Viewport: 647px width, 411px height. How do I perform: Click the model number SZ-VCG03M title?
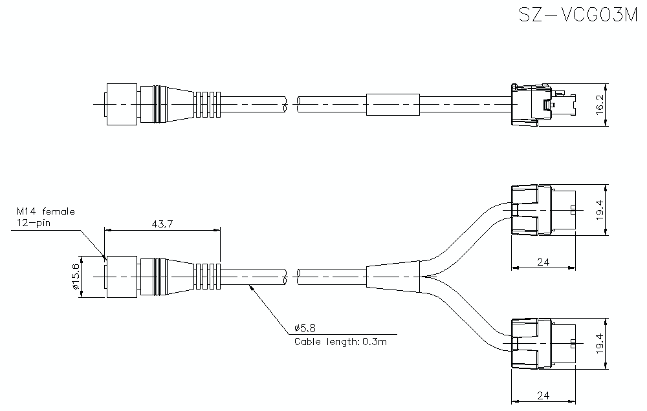[578, 15]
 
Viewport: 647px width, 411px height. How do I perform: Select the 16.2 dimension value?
[600, 105]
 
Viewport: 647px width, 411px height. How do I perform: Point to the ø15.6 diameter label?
[75, 277]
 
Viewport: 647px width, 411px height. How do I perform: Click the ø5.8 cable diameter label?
[305, 328]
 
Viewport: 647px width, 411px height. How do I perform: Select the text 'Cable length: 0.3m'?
[340, 342]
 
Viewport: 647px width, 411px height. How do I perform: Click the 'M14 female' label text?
[46, 211]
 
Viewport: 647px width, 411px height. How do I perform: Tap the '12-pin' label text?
[34, 223]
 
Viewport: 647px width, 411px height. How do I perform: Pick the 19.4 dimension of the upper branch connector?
[600, 210]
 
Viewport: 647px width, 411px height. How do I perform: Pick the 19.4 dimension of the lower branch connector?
[600, 344]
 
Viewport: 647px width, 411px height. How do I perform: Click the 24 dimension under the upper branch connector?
[543, 262]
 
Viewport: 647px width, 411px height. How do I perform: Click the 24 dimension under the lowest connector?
[543, 395]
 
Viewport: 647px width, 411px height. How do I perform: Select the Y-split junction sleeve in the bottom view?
[393, 277]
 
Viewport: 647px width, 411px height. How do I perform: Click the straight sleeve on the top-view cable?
[393, 105]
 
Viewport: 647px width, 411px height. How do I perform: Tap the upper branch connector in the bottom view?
[543, 210]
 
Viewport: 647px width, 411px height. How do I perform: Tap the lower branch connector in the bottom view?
[543, 344]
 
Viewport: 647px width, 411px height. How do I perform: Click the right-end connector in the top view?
[543, 105]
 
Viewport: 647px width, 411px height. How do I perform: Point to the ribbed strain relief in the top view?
[208, 105]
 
